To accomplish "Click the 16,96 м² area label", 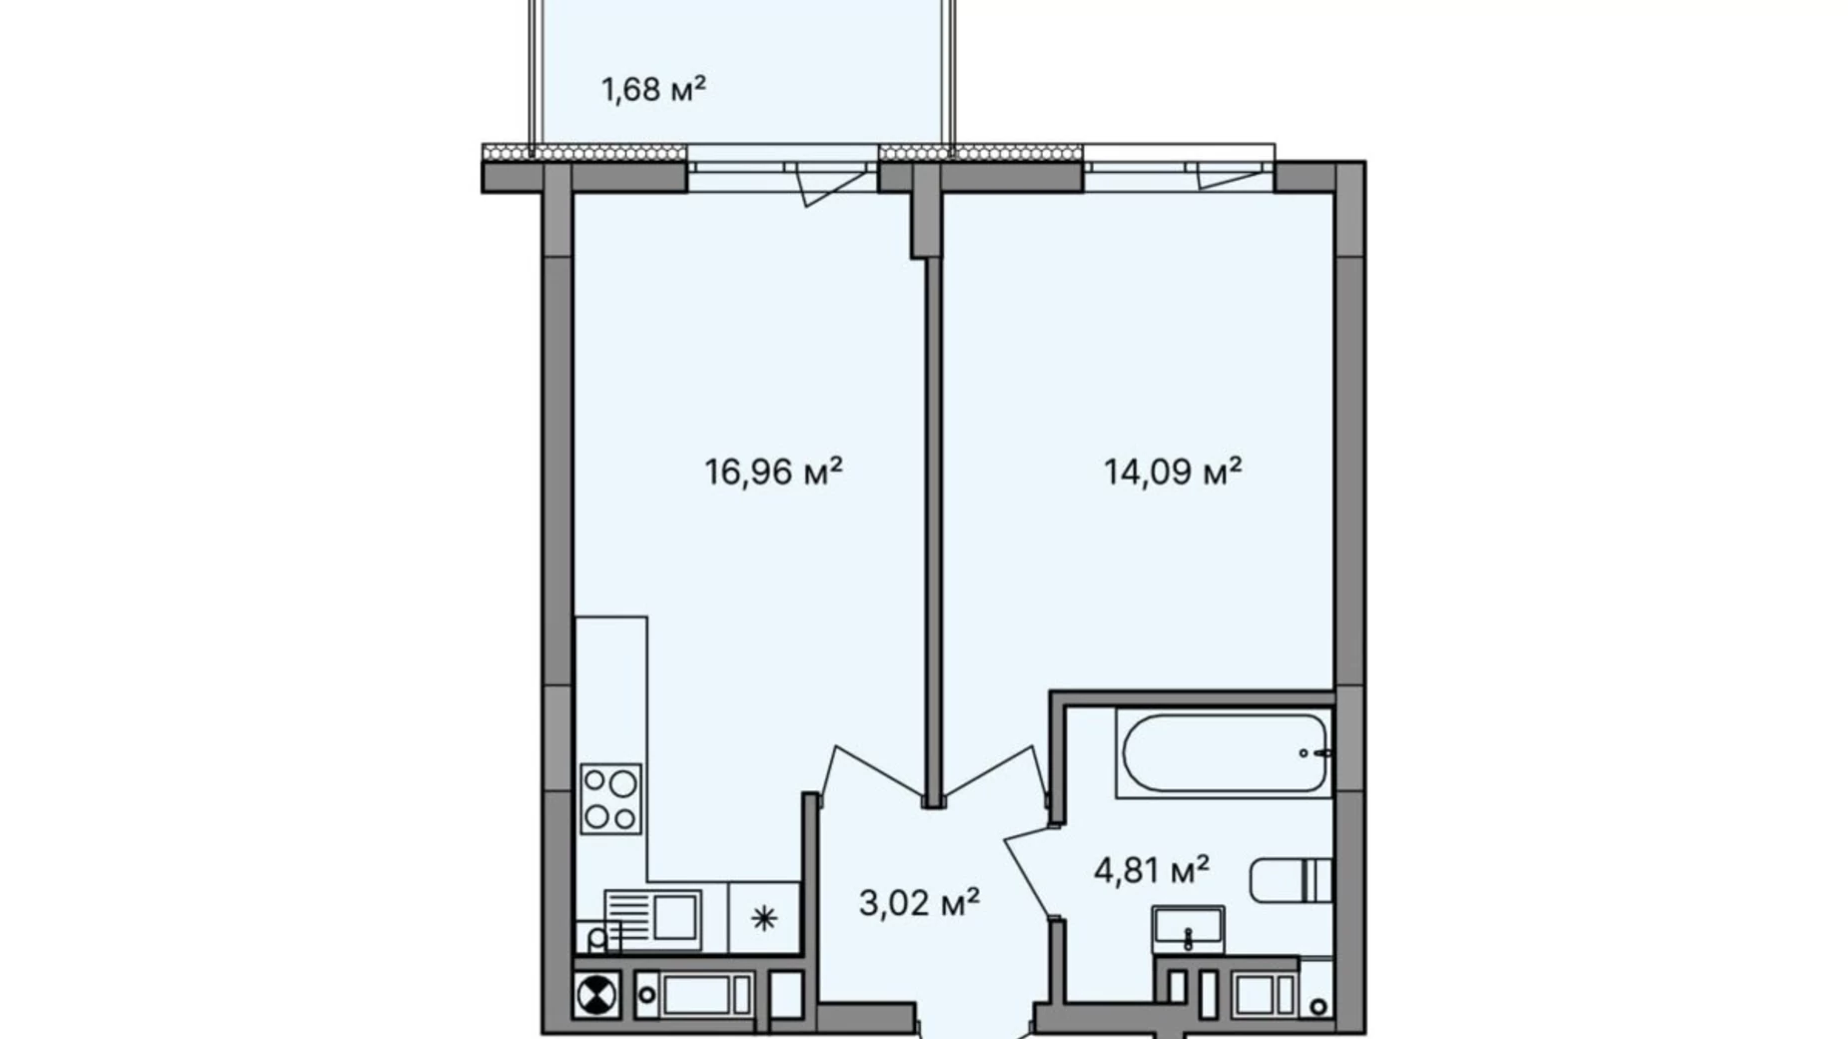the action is pyautogui.click(x=773, y=471).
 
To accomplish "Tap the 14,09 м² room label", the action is pyautogui.click(x=1173, y=471).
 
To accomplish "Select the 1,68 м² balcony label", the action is pyautogui.click(x=653, y=89).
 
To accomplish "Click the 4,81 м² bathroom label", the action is pyautogui.click(x=1152, y=869).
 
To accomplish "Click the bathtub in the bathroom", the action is pyautogui.click(x=1225, y=753).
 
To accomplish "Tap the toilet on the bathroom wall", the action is pyautogui.click(x=1291, y=880).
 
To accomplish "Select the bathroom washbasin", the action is pyautogui.click(x=1188, y=930).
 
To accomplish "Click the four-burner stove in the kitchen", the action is pyautogui.click(x=610, y=798).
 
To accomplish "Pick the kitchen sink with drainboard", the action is pyautogui.click(x=653, y=916).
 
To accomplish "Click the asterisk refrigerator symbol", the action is pyautogui.click(x=764, y=918).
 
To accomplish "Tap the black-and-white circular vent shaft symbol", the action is pyautogui.click(x=596, y=995).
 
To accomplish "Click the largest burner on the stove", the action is pyautogui.click(x=622, y=782).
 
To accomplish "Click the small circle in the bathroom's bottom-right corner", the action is pyautogui.click(x=1320, y=1006).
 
